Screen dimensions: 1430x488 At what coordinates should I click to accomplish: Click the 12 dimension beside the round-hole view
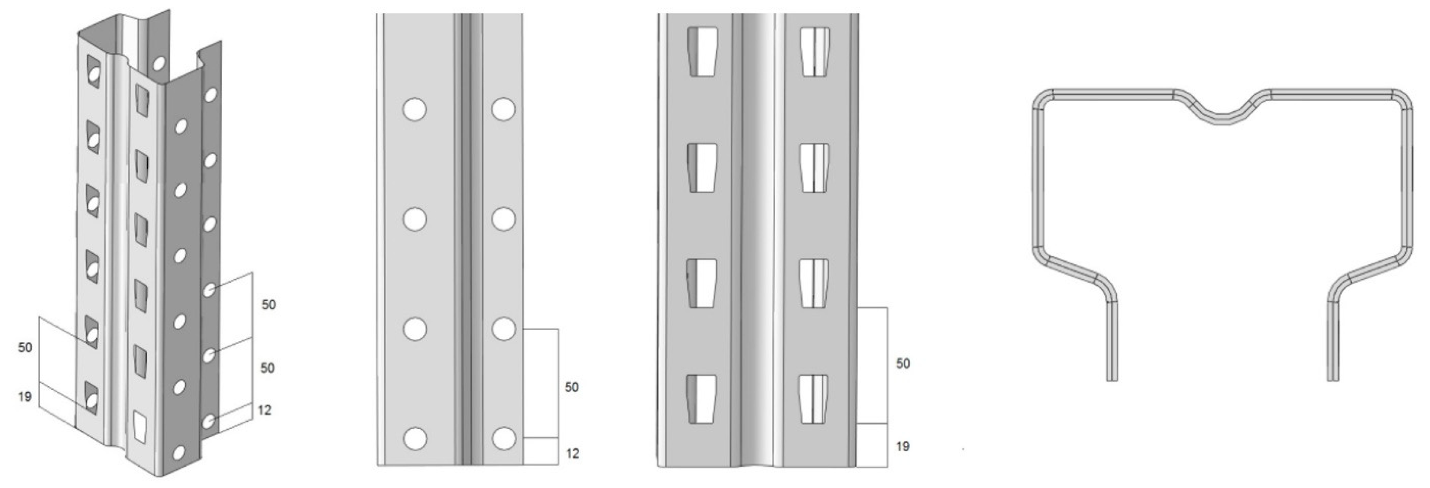(x=572, y=454)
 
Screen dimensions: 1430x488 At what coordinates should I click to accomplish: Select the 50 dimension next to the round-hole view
(x=572, y=387)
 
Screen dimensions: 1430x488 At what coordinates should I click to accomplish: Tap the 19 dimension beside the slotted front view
(x=903, y=446)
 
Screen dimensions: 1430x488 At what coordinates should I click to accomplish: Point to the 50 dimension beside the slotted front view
(x=903, y=364)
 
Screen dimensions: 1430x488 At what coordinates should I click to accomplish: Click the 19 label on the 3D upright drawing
(x=24, y=397)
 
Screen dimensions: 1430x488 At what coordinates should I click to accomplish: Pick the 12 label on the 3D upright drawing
(x=264, y=410)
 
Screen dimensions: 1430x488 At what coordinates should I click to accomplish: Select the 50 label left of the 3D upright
(x=25, y=348)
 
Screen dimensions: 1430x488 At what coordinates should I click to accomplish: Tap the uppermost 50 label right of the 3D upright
(x=269, y=305)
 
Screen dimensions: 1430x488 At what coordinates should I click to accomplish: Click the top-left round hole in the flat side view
(x=415, y=109)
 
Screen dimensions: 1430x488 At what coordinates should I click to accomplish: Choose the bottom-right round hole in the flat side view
(x=503, y=439)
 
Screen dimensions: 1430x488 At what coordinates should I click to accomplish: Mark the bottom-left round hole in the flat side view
(x=415, y=439)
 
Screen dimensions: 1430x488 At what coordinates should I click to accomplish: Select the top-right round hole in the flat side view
(x=503, y=109)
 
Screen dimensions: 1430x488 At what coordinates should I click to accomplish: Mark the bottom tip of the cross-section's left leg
(x=1112, y=380)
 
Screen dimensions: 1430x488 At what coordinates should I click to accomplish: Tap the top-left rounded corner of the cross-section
(x=1041, y=97)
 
